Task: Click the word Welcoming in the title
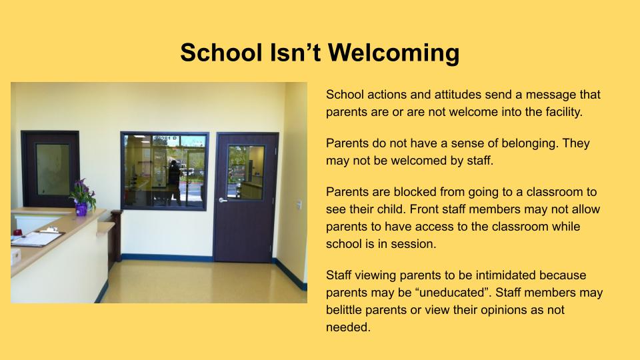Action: (393, 54)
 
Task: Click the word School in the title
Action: (221, 53)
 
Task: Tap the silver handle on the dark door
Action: (223, 200)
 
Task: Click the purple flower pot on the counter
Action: (81, 209)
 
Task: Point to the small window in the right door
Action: (246, 172)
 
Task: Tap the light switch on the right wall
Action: (299, 205)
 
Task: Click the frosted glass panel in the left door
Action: (53, 169)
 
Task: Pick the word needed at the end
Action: (348, 327)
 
